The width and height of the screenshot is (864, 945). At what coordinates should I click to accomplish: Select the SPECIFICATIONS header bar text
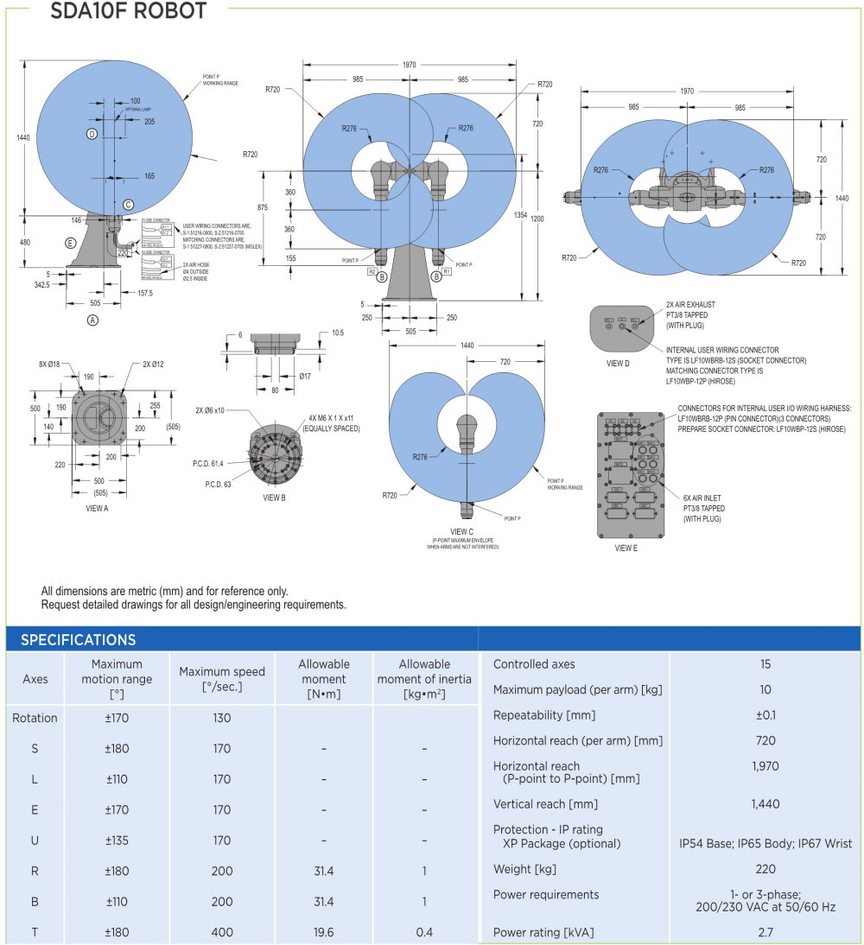(78, 640)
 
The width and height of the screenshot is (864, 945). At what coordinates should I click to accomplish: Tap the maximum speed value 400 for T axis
(222, 932)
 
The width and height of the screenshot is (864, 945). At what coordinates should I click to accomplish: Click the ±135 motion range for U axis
(117, 840)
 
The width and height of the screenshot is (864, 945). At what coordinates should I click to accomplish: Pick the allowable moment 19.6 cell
(324, 932)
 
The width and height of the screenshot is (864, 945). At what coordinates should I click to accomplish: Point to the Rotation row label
(35, 718)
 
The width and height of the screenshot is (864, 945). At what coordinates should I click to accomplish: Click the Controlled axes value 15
(765, 664)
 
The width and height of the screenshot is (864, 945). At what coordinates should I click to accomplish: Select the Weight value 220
(765, 869)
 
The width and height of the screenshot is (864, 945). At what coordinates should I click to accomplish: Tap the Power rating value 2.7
(765, 932)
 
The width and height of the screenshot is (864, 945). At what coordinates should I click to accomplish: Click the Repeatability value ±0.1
(765, 715)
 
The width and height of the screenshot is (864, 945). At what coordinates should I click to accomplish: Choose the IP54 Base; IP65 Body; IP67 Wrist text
(765, 843)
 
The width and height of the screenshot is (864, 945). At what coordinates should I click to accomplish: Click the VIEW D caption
(618, 364)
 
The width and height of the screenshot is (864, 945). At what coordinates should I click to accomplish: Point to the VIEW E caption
(625, 548)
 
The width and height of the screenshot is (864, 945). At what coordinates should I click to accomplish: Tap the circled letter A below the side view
(92, 320)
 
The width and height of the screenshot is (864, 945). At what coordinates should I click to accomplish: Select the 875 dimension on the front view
(275, 208)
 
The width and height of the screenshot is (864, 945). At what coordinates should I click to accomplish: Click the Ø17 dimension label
(305, 377)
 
